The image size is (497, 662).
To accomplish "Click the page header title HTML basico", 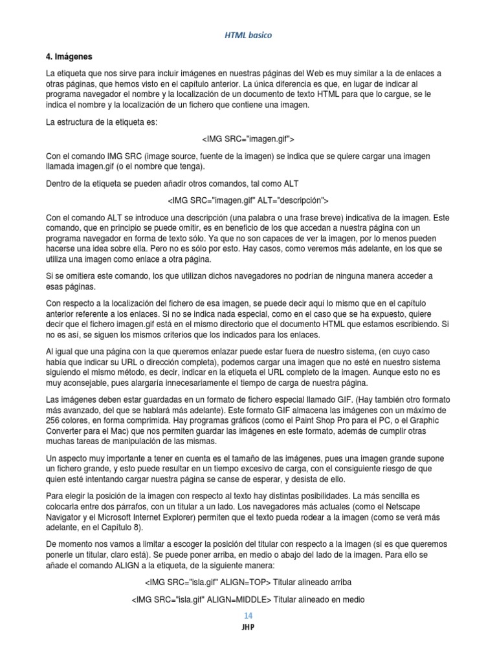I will click(248, 35).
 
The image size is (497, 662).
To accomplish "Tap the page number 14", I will click(248, 615).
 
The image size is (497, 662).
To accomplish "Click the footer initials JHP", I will click(248, 627).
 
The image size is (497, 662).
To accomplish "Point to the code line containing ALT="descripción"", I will click(248, 200).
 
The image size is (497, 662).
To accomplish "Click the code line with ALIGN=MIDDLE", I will click(248, 599).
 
